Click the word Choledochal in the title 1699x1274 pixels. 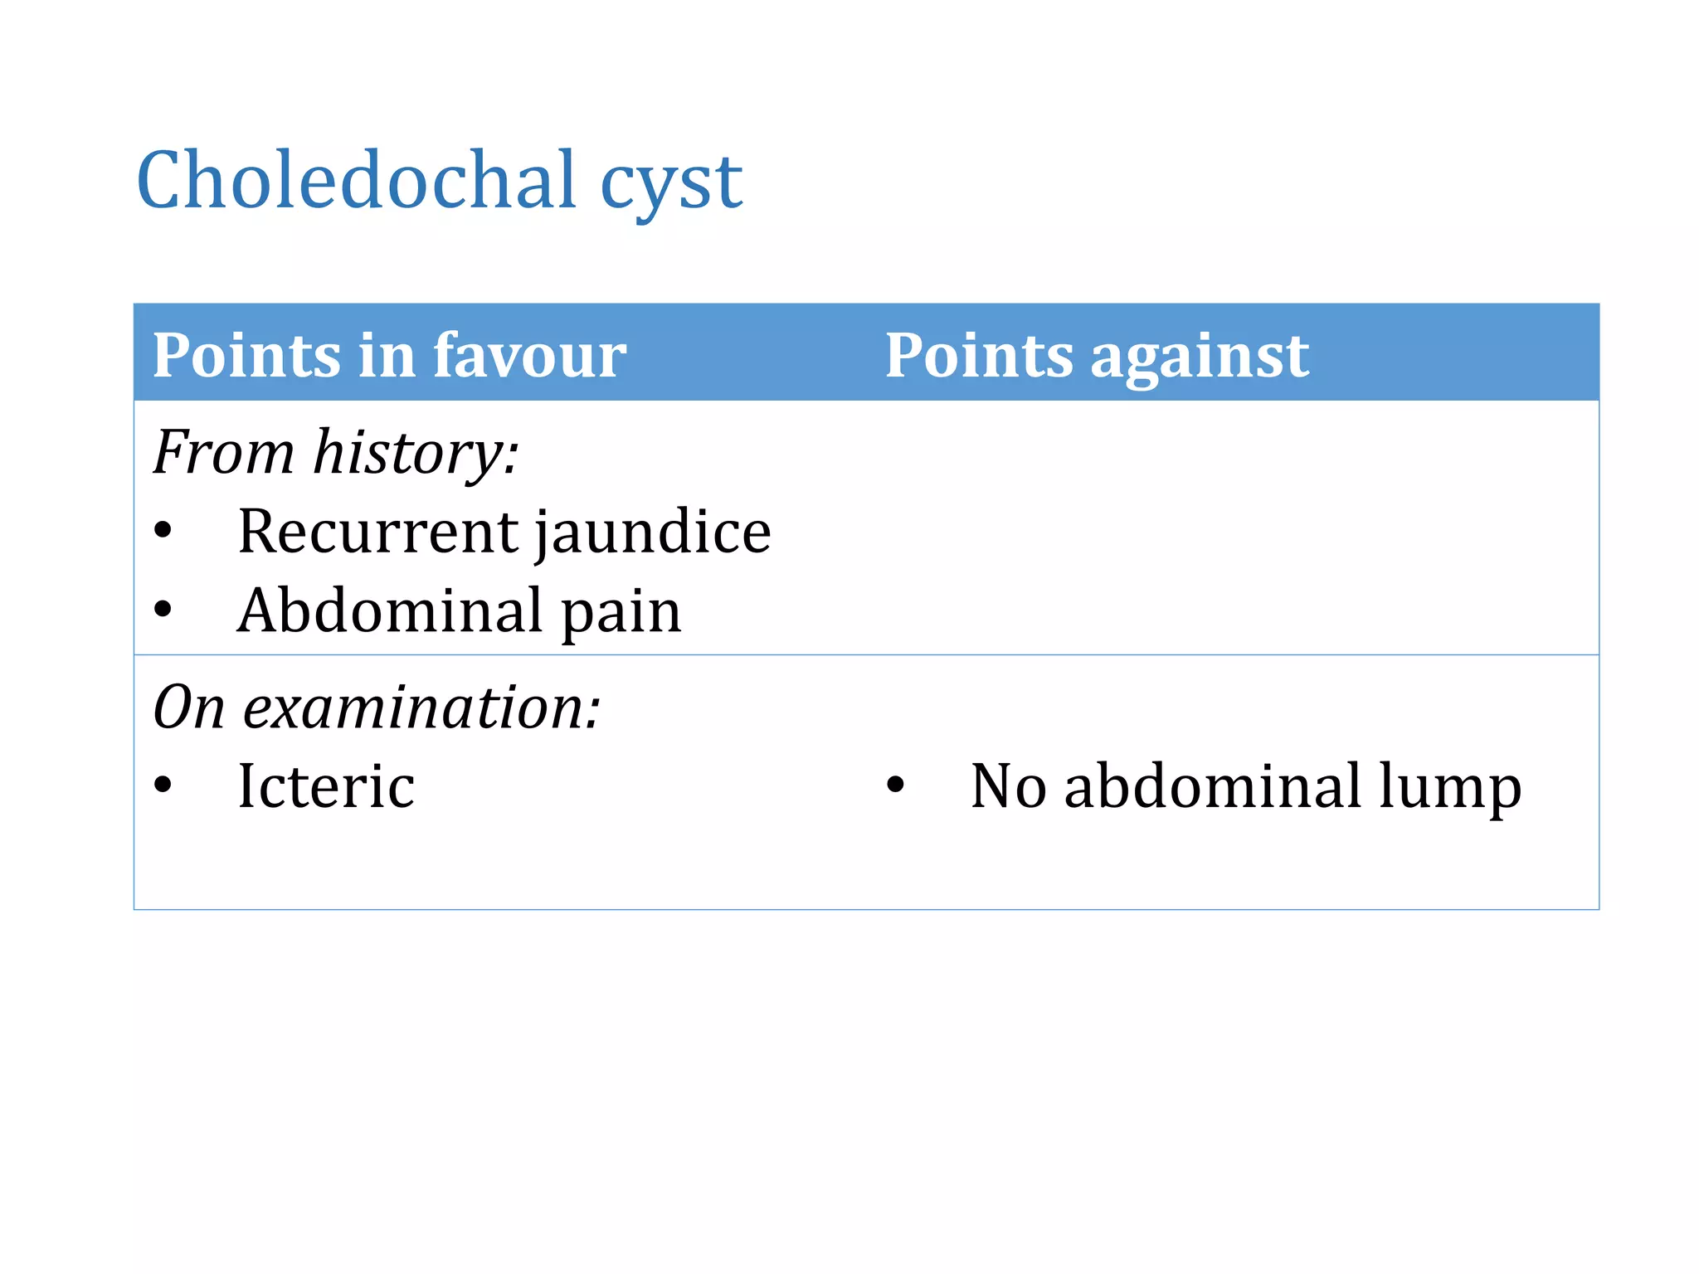coord(357,180)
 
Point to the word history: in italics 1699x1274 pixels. coord(416,453)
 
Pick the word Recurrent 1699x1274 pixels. coord(378,532)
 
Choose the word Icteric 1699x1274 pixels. coord(325,785)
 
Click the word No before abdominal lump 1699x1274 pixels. coord(1008,785)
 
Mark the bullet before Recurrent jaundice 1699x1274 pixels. coord(163,531)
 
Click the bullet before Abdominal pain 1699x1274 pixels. coord(163,610)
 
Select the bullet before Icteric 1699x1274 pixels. coord(163,785)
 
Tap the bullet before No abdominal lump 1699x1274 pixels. coord(895,785)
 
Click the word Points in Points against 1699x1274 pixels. coord(979,355)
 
